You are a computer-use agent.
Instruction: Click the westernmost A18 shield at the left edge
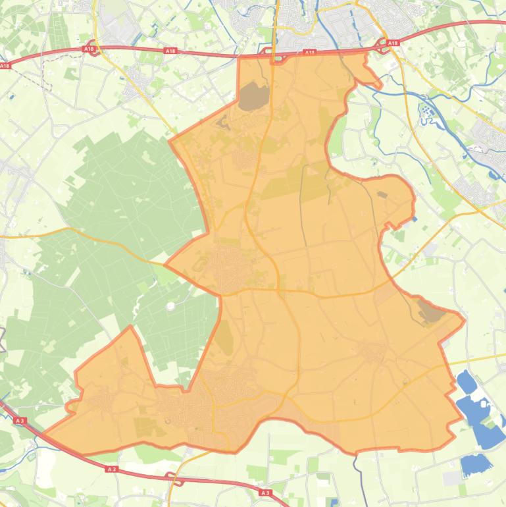pos(5,65)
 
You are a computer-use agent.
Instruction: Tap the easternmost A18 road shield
pos(393,43)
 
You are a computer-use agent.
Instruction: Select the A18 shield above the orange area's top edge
pos(310,52)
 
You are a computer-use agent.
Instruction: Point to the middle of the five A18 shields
pos(170,51)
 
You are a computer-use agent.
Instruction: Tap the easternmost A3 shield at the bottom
pos(265,492)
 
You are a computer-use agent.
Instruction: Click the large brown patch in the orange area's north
pos(253,97)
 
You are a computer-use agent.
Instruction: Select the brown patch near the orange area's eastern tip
pos(431,312)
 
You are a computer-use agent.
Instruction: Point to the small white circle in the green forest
pos(171,306)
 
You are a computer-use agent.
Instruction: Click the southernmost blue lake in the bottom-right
pos(476,465)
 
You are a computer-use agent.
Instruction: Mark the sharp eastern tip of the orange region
pos(465,321)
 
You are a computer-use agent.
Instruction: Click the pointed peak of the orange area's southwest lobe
pos(131,326)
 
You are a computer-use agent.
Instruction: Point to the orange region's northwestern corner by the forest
pos(170,140)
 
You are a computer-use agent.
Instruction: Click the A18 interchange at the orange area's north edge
pos(273,55)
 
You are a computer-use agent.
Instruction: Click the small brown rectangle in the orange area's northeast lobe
pos(382,194)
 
